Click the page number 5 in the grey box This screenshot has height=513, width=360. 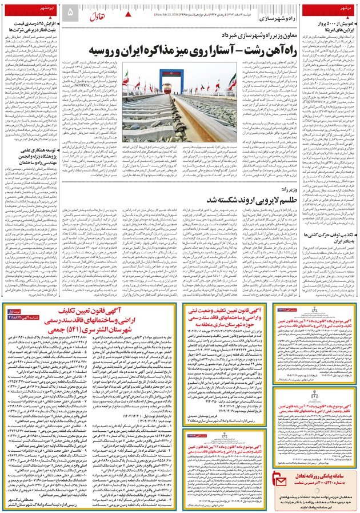70,12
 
